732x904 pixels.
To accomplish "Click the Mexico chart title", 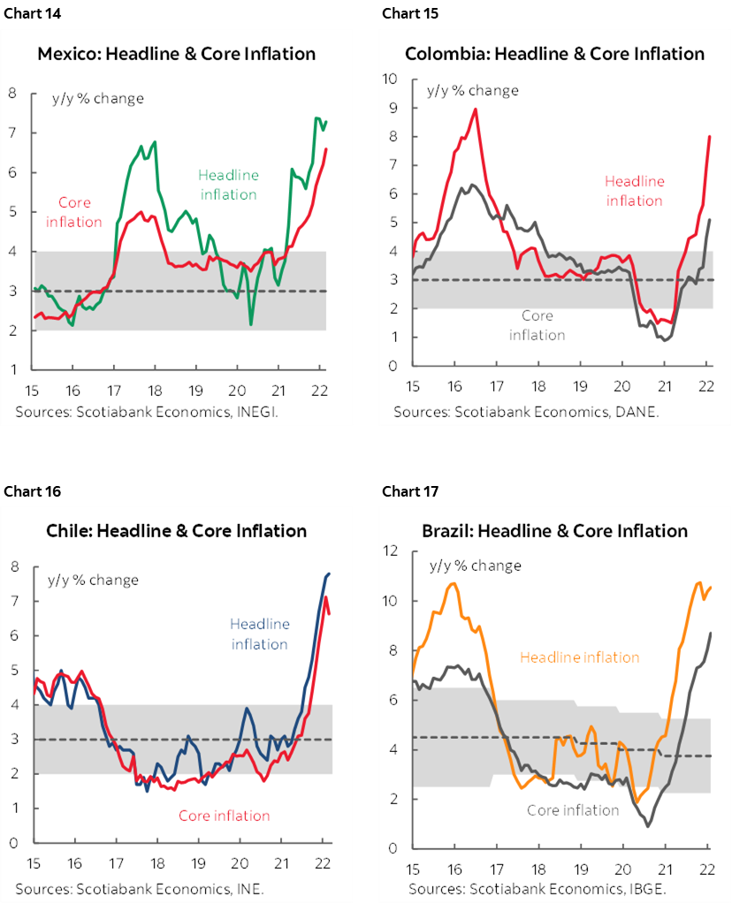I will point(176,54).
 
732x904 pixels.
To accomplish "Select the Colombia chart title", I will point(554,54).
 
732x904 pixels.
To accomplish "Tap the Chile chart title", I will point(176,531).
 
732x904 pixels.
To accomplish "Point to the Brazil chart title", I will point(554,531).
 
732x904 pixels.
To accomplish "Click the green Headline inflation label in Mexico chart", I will point(228,184).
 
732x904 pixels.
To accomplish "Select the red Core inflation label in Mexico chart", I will point(74,212).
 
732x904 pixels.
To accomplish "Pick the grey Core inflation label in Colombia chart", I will point(537,324).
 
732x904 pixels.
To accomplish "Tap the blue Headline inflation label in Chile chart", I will point(260,634).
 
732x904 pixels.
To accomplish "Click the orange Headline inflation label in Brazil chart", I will point(579,657).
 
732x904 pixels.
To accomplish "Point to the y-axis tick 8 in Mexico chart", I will point(13,92).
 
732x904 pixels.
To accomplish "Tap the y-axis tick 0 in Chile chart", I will point(13,843).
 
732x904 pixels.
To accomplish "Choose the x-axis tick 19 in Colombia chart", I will point(581,386).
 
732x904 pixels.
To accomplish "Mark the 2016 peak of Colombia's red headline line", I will point(476,109).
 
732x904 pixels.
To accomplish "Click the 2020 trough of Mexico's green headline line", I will point(252,324).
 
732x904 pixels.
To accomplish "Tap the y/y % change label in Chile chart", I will point(92,581).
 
